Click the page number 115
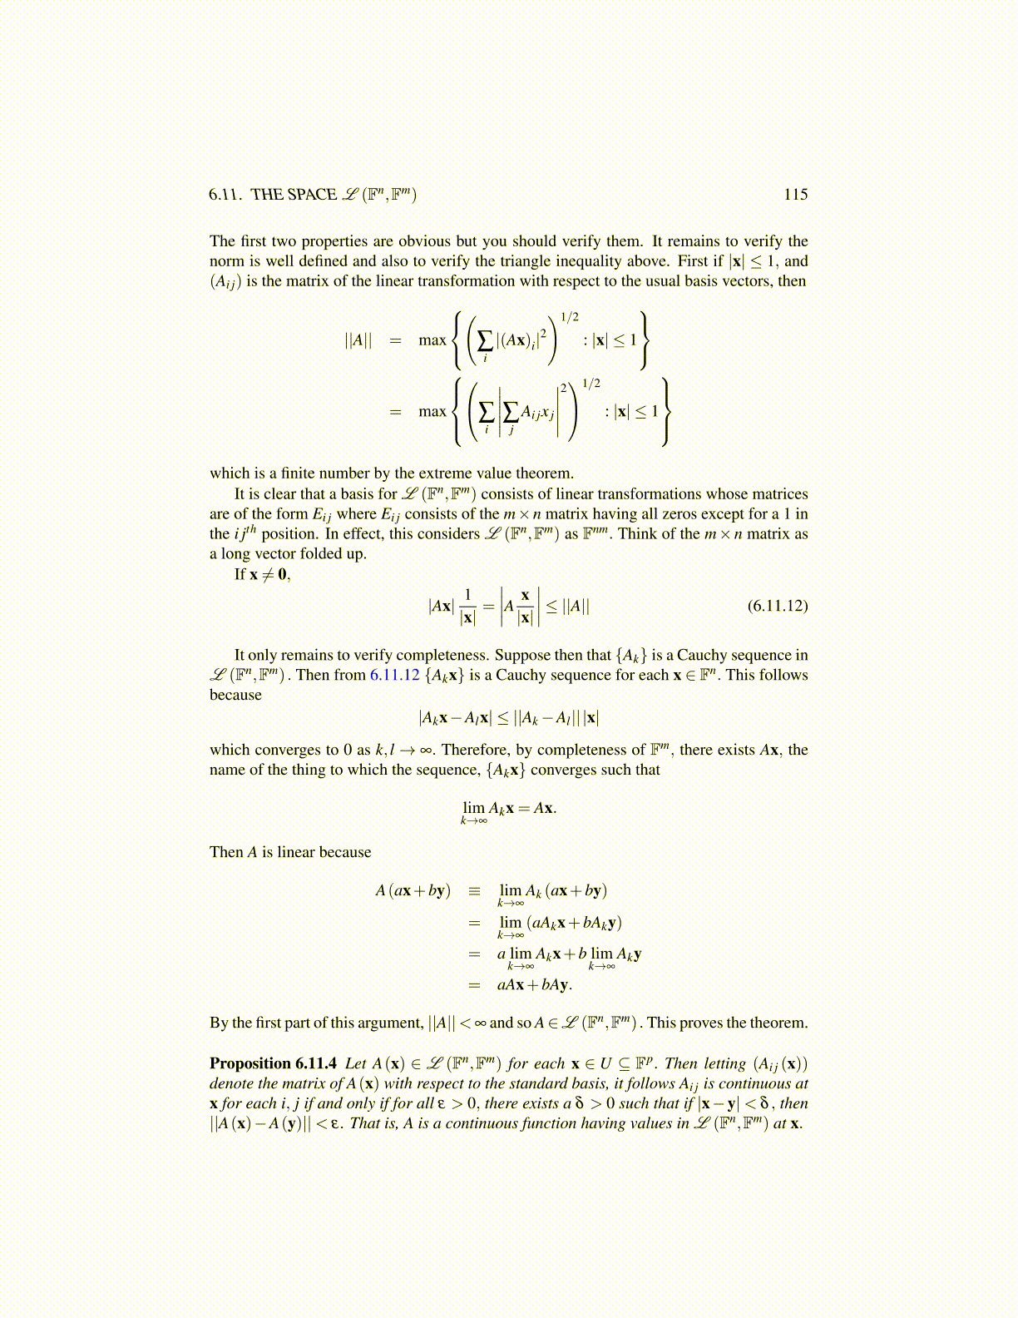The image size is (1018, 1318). pyautogui.click(x=795, y=195)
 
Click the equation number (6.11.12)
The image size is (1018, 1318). pyautogui.click(x=777, y=606)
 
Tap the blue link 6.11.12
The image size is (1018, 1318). pyautogui.click(x=394, y=675)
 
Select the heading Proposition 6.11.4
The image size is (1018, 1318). pyautogui.click(x=273, y=1063)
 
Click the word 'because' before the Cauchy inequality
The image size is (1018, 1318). pyautogui.click(x=235, y=695)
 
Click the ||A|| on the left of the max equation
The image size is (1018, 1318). pyautogui.click(x=358, y=340)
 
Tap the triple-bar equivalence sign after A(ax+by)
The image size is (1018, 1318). pyautogui.click(x=474, y=891)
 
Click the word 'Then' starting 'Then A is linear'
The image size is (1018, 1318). pyautogui.click(x=226, y=852)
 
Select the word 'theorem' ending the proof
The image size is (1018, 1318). pyautogui.click(x=779, y=1023)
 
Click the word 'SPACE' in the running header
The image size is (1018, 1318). pyautogui.click(x=312, y=195)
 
